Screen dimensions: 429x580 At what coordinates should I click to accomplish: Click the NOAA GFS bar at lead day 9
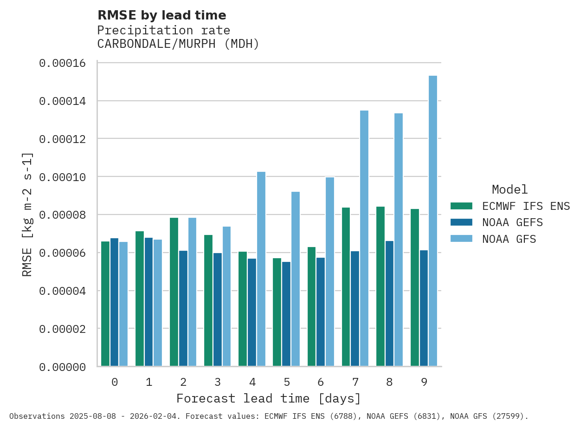tap(433, 221)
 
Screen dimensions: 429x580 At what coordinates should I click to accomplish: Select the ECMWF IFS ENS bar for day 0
tap(105, 304)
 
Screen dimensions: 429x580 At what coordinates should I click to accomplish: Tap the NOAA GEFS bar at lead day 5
tap(286, 314)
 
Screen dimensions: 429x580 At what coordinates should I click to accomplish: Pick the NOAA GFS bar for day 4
tap(261, 269)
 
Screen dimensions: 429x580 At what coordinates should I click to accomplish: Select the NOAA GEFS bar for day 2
tap(183, 308)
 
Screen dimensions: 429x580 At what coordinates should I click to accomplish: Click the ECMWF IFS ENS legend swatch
tap(461, 206)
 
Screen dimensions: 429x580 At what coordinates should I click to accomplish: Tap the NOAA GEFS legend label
tap(512, 222)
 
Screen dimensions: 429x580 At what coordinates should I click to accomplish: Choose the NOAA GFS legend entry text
tap(509, 239)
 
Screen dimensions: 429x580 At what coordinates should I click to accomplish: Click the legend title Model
tap(509, 189)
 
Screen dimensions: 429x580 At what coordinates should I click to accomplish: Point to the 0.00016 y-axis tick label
tap(63, 63)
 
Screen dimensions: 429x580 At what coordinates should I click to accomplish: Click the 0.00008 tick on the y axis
tap(63, 215)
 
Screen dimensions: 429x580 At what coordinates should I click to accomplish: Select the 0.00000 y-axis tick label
tap(63, 367)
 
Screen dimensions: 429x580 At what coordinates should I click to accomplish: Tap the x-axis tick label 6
tap(321, 382)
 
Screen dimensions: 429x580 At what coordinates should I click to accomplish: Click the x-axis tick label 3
tap(218, 382)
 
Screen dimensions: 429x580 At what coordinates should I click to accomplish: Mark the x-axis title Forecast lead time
tap(268, 398)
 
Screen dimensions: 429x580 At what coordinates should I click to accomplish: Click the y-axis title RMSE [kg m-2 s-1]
tap(27, 214)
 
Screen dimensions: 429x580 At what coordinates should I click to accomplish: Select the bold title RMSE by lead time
tap(161, 15)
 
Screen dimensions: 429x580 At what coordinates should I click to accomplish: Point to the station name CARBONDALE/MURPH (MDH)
tap(178, 44)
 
